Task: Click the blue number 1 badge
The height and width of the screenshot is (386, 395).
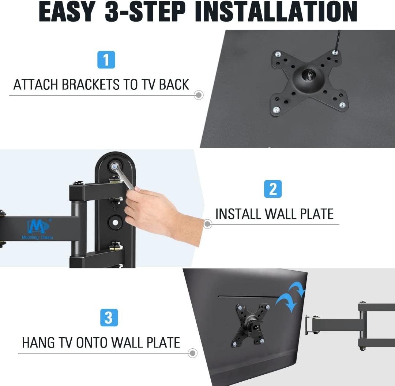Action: tap(106, 60)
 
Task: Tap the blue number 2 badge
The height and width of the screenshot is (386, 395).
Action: tap(273, 189)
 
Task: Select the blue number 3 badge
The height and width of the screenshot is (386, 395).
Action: tap(109, 318)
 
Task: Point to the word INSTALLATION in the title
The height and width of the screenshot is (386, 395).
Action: tap(276, 12)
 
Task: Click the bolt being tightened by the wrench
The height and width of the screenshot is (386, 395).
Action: tap(115, 166)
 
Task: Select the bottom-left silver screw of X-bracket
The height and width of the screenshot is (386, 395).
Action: tap(277, 110)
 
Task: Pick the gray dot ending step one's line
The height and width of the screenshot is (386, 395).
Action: tap(199, 95)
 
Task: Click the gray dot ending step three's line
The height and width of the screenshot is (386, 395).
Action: tap(193, 353)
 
